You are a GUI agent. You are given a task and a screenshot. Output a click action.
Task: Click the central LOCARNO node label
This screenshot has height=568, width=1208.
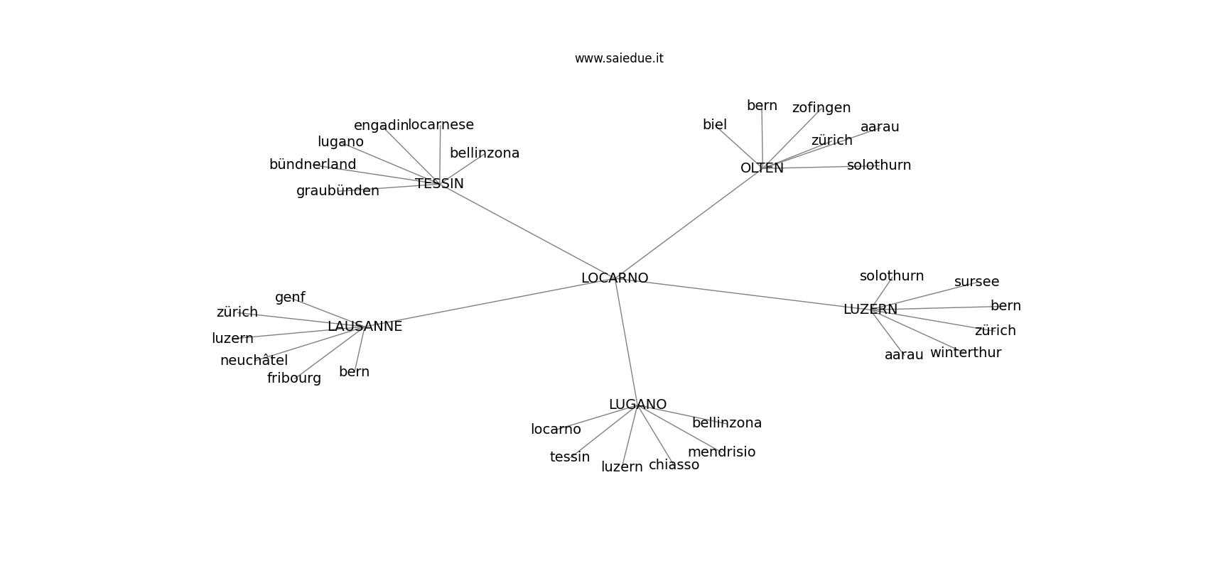point(615,278)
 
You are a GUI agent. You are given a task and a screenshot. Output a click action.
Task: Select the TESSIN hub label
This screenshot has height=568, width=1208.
point(440,184)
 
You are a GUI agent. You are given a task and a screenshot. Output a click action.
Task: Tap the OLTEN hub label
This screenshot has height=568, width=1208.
point(762,168)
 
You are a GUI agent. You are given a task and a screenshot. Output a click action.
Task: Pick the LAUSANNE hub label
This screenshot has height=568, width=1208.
point(365,327)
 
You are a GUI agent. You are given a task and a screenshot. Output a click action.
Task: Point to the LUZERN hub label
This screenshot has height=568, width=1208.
point(870,310)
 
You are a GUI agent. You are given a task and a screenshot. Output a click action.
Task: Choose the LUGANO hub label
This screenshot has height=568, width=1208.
point(638,405)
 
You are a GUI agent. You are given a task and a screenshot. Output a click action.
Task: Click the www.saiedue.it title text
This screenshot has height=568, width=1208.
point(619,58)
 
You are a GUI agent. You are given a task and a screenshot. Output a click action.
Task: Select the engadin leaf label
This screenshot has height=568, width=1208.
point(381,126)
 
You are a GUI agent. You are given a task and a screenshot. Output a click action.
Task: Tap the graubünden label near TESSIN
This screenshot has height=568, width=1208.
point(338,191)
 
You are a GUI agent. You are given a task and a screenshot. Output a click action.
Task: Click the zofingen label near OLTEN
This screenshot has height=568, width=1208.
point(821,109)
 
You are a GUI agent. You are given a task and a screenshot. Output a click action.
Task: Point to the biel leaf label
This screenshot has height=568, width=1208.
point(715,125)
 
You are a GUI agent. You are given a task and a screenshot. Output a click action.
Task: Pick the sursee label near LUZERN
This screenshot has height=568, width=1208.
point(976,282)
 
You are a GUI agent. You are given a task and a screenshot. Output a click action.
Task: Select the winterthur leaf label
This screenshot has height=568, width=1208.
point(966,353)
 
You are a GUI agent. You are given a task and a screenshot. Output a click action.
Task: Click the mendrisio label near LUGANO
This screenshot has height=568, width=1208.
point(721,452)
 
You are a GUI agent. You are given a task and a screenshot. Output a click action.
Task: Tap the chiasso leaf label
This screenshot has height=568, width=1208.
point(674,465)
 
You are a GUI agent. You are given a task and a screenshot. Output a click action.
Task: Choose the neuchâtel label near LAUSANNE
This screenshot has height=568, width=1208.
point(254,361)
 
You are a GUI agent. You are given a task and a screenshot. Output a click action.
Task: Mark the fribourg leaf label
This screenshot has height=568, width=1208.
point(294,379)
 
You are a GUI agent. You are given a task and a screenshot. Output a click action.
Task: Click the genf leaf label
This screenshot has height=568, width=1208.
point(290,298)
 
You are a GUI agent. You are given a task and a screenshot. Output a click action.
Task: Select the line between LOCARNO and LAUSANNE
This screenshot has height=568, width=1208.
point(490,302)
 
